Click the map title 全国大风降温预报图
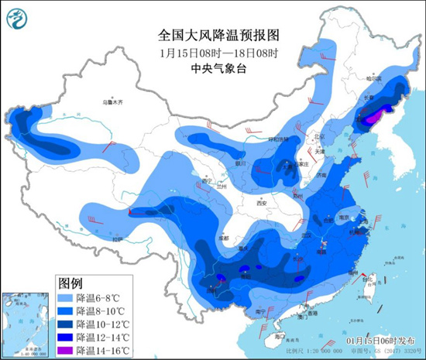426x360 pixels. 212,36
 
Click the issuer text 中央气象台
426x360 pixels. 212,68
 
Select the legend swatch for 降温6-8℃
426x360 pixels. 69,297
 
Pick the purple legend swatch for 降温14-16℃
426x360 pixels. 69,347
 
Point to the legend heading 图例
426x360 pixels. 71,282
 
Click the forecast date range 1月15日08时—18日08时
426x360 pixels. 212,52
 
